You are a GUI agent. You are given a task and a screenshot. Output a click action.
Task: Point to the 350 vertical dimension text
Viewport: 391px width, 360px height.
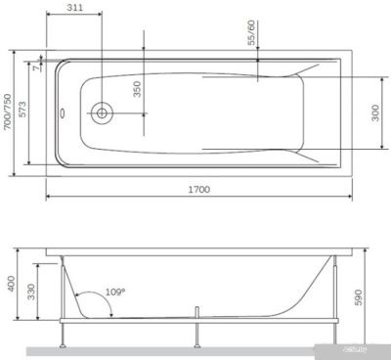(x=138, y=89)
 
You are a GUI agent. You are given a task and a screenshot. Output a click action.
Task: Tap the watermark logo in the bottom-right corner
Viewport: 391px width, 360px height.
(x=363, y=347)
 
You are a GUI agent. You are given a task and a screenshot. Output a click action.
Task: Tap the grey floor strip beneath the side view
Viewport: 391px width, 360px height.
(x=195, y=347)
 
